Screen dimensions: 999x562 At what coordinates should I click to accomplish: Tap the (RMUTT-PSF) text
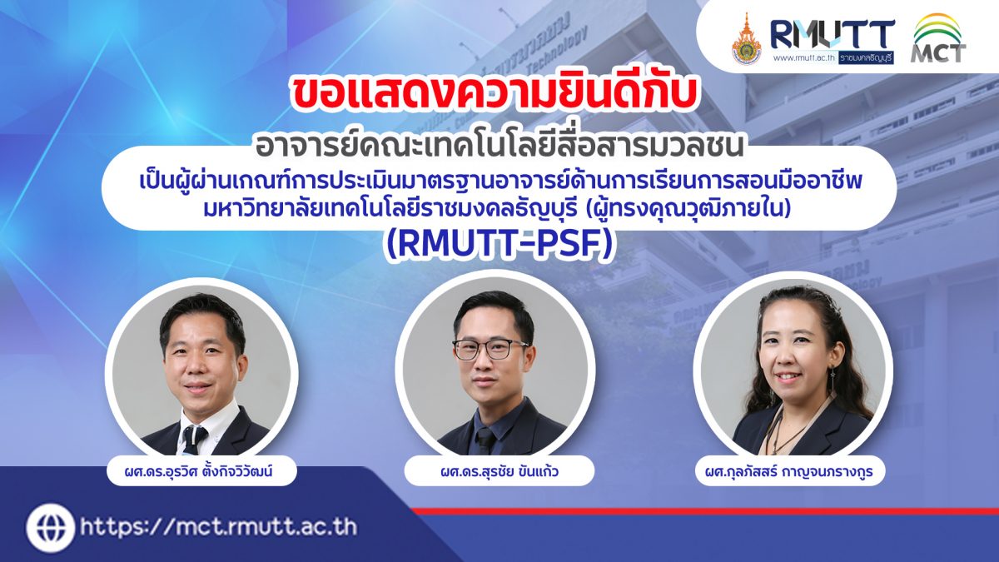(x=500, y=245)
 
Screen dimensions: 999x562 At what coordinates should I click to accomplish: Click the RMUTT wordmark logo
(x=832, y=35)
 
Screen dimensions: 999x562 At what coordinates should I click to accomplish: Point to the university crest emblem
(x=747, y=40)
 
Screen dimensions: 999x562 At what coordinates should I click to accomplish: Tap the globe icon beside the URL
(x=50, y=528)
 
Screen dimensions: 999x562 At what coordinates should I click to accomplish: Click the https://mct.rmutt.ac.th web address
(x=219, y=528)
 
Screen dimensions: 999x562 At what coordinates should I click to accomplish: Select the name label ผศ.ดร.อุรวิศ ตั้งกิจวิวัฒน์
(x=201, y=470)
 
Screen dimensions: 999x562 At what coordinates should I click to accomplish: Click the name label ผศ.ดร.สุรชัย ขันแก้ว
(x=499, y=470)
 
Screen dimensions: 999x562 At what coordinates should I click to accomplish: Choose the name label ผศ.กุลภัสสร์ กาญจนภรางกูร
(x=789, y=470)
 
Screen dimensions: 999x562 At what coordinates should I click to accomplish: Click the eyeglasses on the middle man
(x=490, y=349)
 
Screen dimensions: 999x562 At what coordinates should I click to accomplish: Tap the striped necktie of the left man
(x=192, y=439)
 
